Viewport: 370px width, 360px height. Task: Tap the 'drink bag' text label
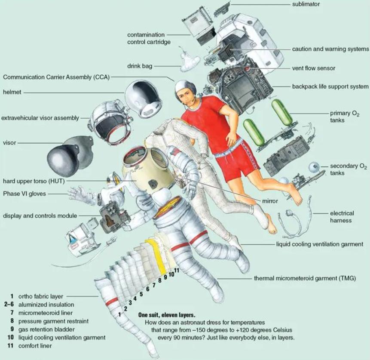point(140,66)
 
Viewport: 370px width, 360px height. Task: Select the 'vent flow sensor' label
point(314,68)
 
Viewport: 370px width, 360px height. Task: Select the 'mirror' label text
point(270,201)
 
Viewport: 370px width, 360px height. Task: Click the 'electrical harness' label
point(342,217)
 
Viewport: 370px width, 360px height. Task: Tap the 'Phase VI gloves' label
point(24,194)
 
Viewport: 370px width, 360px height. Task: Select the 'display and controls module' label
point(40,215)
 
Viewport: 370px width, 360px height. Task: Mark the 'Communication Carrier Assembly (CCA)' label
point(56,77)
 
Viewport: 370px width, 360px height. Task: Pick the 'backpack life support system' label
point(330,86)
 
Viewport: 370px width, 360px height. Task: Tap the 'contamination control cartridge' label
point(149,38)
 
